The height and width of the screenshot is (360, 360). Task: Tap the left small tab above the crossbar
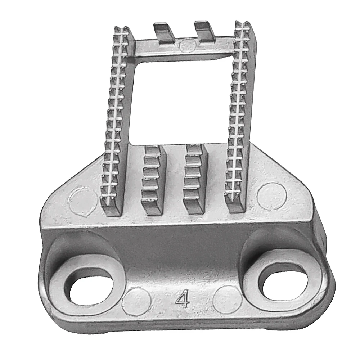[x=164, y=32]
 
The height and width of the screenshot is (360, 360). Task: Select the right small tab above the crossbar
[x=204, y=31]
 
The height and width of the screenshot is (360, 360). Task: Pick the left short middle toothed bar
[x=153, y=178]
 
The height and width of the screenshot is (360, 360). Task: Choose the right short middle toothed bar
[x=194, y=176]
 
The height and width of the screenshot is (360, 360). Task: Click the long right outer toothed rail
[x=239, y=115]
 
